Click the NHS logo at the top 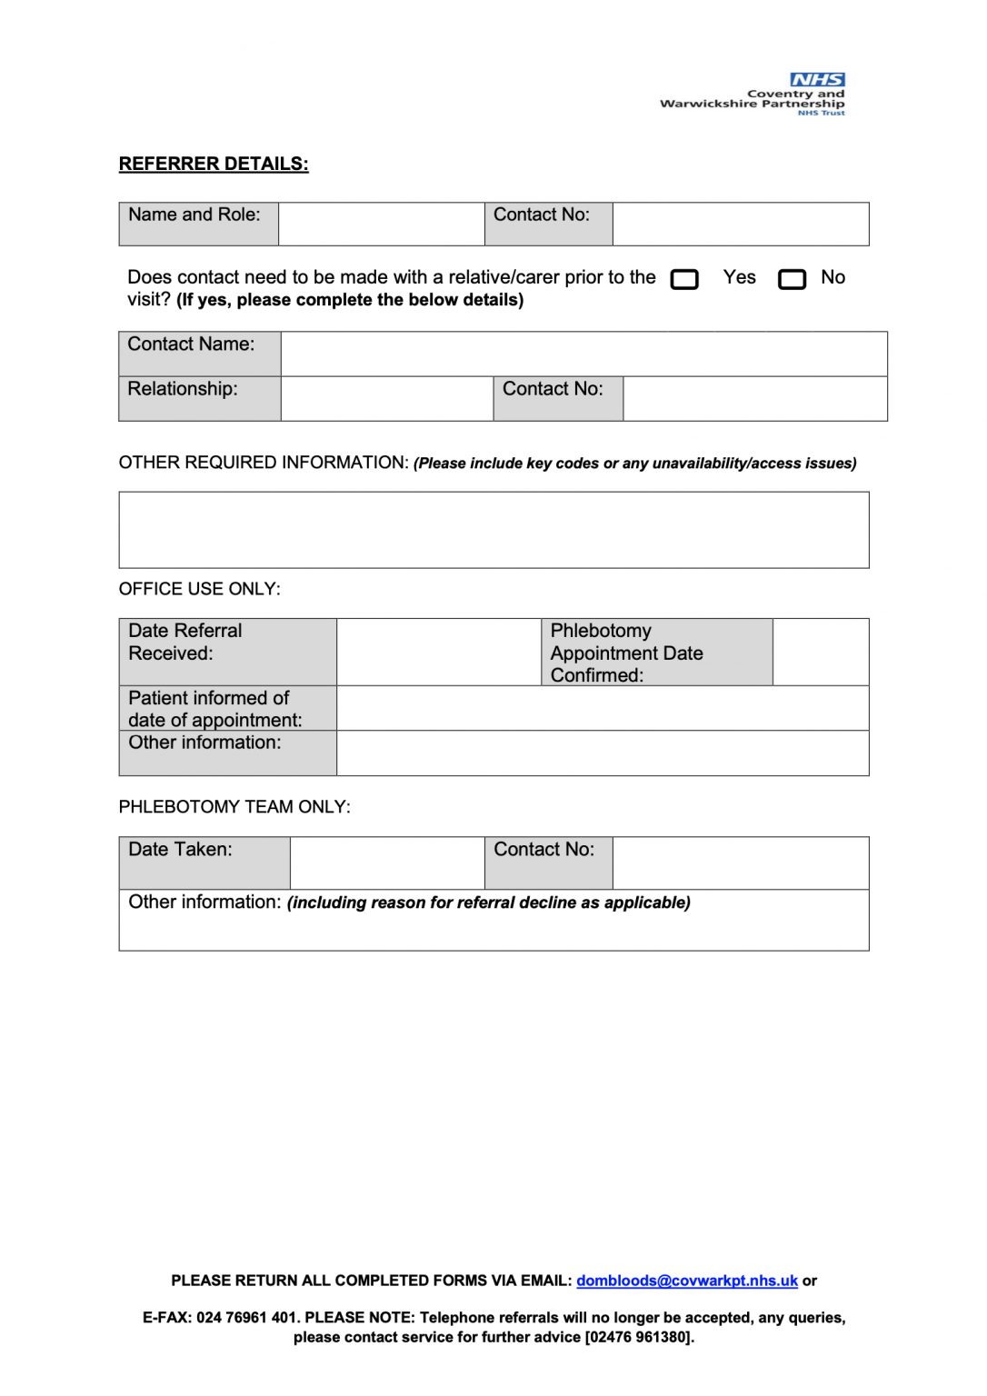pyautogui.click(x=816, y=80)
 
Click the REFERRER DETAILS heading pyautogui.click(x=214, y=164)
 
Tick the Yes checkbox pyautogui.click(x=684, y=279)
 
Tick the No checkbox pyautogui.click(x=792, y=279)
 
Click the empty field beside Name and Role pyautogui.click(x=381, y=224)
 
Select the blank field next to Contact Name pyautogui.click(x=583, y=354)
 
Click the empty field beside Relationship pyautogui.click(x=386, y=398)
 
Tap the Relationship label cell pyautogui.click(x=199, y=398)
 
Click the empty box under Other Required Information pyautogui.click(x=493, y=530)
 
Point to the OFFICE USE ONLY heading pyautogui.click(x=200, y=589)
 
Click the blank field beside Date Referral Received pyautogui.click(x=438, y=652)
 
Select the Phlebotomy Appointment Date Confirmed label pyautogui.click(x=656, y=652)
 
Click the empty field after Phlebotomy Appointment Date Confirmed pyautogui.click(x=820, y=652)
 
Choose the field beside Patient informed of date pyautogui.click(x=602, y=708)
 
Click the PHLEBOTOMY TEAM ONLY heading pyautogui.click(x=234, y=807)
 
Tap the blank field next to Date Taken pyautogui.click(x=386, y=863)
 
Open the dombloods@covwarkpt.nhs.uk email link pyautogui.click(x=686, y=1281)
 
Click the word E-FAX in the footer pyautogui.click(x=166, y=1318)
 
